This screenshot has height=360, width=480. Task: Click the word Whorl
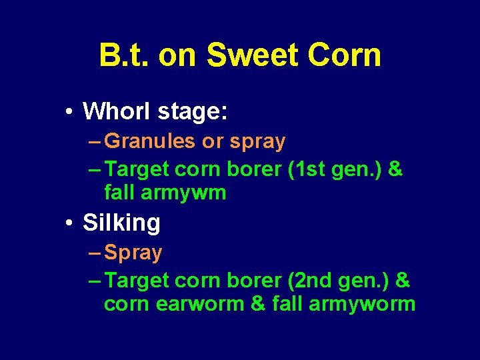coord(117,111)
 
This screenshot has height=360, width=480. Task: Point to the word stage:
coord(193,113)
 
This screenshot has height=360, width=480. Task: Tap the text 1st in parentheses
coord(309,169)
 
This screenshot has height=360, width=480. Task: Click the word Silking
coord(121,223)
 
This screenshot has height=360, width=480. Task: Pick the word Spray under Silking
coord(133,253)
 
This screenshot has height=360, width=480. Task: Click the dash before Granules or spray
coord(95,141)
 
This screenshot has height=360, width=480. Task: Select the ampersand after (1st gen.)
coord(395,169)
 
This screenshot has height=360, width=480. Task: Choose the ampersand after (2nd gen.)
coord(402,281)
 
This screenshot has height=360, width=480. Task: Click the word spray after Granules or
coord(257,142)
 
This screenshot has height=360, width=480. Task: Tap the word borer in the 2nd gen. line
coord(255,281)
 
